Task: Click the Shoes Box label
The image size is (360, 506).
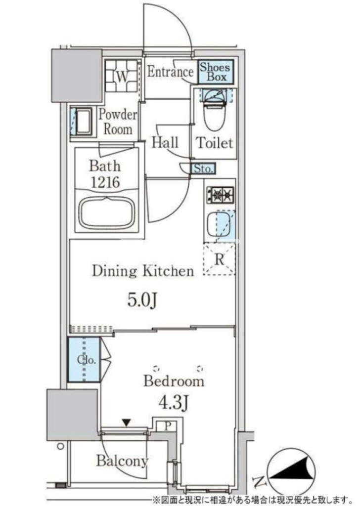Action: coord(215,72)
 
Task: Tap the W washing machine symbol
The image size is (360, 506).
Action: coord(121,77)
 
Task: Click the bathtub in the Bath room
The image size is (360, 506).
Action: coord(107,213)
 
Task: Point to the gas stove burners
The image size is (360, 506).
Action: coord(220,195)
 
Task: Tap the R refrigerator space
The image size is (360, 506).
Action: coord(219,259)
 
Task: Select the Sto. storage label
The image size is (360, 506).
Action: coord(203,169)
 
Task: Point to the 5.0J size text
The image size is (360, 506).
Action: coord(142,300)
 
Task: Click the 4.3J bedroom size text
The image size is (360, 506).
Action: coord(173,403)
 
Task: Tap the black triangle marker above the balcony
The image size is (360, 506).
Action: coord(126,422)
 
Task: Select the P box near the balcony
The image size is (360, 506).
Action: coord(167,426)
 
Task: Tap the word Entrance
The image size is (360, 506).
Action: coord(170,72)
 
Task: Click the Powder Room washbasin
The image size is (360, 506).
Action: coord(83,122)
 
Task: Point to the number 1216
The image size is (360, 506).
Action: coord(105,182)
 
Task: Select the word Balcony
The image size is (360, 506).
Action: coord(122,461)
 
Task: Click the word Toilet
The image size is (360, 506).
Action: coord(215,143)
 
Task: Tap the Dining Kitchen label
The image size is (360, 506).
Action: coord(143,271)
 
